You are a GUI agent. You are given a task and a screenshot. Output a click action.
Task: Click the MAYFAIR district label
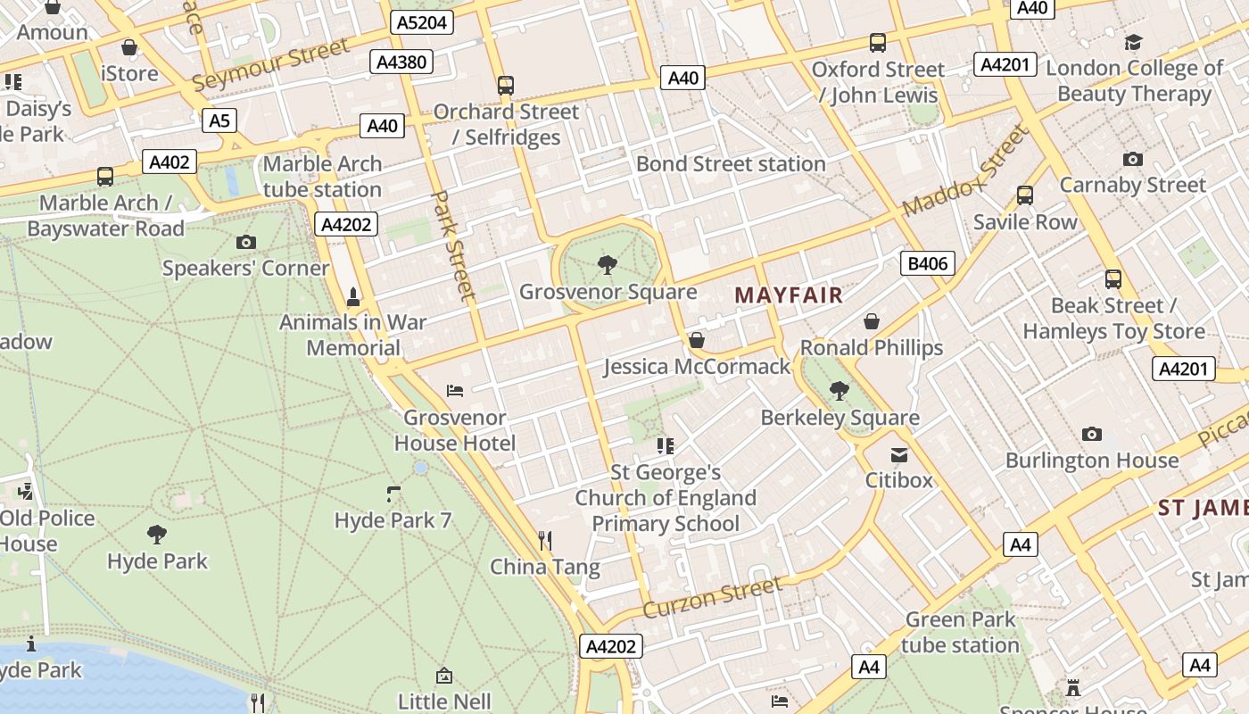[x=789, y=295]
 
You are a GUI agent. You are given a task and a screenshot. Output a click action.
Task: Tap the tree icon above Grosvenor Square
[x=608, y=264]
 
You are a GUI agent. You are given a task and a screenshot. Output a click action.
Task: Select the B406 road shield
[x=928, y=263]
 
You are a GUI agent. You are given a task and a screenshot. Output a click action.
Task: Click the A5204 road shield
[x=422, y=23]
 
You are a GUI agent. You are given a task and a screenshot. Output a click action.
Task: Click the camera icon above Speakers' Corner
[x=245, y=242]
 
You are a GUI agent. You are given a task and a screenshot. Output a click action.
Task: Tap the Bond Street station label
[x=731, y=164]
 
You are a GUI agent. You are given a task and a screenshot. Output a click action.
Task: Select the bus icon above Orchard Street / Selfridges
[x=506, y=86]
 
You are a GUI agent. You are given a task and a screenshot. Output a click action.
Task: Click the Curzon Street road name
[x=712, y=597]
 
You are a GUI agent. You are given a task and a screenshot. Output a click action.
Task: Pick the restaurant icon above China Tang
[x=545, y=540]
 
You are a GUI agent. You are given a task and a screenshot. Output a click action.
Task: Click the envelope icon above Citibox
[x=899, y=455]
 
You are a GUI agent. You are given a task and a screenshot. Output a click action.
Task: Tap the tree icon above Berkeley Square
[x=839, y=390]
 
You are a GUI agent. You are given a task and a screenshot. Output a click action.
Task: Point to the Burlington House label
[x=1092, y=461]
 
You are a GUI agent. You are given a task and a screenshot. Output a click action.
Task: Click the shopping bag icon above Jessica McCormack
[x=697, y=340]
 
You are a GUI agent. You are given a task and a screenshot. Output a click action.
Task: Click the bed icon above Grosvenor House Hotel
[x=455, y=390]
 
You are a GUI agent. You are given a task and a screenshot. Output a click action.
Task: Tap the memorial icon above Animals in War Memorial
[x=353, y=296]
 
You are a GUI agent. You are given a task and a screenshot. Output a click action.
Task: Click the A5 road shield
[x=219, y=120]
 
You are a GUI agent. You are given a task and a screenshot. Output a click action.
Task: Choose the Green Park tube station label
[x=960, y=632]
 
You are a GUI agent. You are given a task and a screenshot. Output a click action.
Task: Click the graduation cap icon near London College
[x=1133, y=42]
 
